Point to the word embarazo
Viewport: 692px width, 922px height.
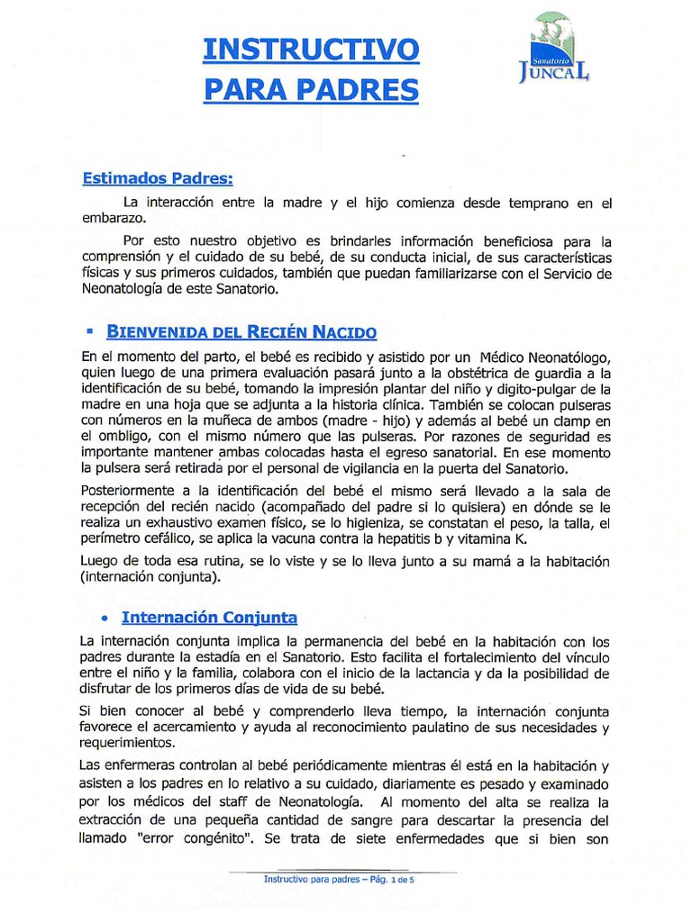tap(112, 218)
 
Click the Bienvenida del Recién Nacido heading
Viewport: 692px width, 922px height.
tap(241, 332)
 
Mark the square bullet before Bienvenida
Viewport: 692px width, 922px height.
tap(90, 331)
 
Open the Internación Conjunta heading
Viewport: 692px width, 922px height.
tap(209, 618)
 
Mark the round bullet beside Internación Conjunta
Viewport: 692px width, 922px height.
tap(105, 619)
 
